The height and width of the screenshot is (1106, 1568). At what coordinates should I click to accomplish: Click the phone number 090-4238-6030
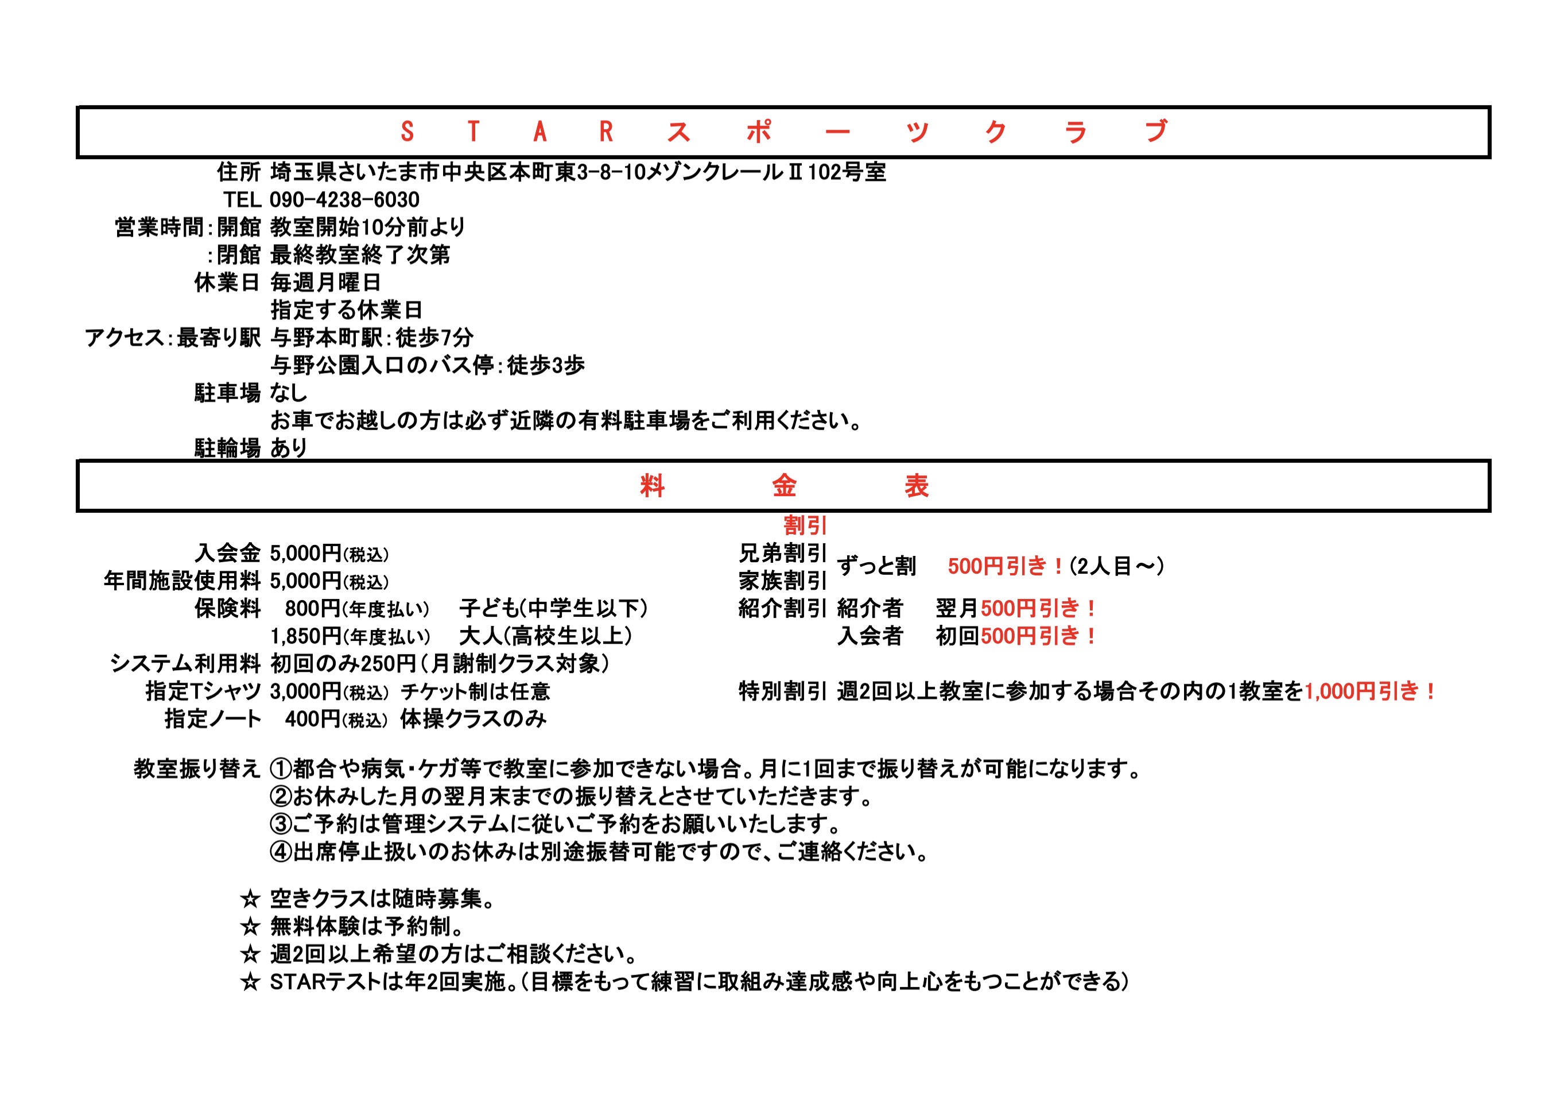(344, 199)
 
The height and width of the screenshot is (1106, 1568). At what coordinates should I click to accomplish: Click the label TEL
(242, 199)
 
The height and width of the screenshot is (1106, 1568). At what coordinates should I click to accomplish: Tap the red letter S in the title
(407, 131)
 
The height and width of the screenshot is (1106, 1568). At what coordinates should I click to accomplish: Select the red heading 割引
(805, 525)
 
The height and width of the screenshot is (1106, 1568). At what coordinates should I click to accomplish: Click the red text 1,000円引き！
(1369, 691)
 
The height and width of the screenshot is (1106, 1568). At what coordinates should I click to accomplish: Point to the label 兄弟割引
(783, 552)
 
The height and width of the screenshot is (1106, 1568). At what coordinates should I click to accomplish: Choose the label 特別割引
(783, 691)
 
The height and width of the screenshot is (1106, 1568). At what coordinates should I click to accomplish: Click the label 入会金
(227, 552)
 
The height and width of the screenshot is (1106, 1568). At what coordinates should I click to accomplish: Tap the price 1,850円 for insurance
(306, 636)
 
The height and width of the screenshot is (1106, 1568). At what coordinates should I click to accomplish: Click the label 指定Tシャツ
(203, 691)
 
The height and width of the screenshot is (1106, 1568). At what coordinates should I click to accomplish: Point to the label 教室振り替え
(197, 768)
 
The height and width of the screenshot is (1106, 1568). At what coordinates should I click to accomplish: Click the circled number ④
(281, 852)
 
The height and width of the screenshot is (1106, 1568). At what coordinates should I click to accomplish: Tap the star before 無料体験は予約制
(250, 926)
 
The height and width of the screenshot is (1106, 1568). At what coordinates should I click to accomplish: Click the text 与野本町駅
(324, 338)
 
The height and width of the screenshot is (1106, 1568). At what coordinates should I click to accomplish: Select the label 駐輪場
(227, 448)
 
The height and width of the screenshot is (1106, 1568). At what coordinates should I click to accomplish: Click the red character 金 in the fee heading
(784, 486)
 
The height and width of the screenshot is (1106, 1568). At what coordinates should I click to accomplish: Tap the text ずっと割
(876, 566)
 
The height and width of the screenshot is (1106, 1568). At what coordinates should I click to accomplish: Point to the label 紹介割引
(783, 608)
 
